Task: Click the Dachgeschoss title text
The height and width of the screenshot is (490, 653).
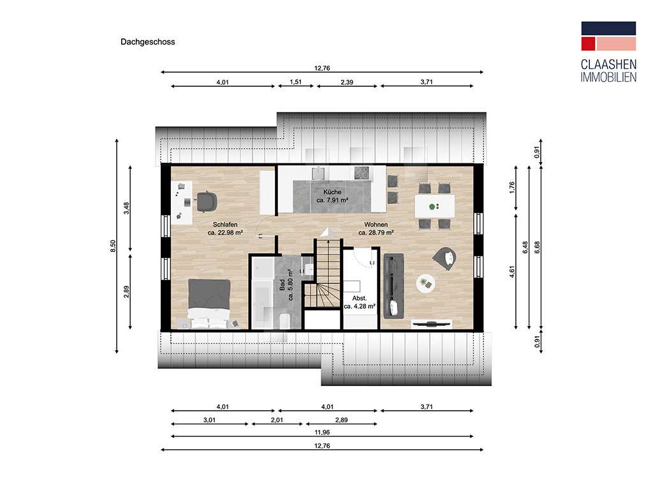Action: coord(147,41)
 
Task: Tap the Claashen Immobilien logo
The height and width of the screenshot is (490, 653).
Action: coord(608,52)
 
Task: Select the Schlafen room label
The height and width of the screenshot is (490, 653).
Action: coord(225,225)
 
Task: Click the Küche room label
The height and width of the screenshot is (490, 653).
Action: coord(332,192)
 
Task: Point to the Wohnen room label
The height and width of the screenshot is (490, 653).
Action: coord(376,225)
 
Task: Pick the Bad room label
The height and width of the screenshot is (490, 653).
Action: coord(282,285)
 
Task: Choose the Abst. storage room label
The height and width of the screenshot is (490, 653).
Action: coord(360,299)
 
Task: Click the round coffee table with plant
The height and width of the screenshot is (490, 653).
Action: coord(425,284)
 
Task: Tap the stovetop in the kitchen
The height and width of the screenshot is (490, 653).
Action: coord(362,173)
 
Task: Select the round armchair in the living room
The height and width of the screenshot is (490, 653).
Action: coord(444,258)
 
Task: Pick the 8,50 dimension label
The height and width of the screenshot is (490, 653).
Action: coord(113,246)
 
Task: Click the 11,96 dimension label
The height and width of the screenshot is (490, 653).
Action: coord(322,433)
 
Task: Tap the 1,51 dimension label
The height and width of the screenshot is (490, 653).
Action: coord(296,82)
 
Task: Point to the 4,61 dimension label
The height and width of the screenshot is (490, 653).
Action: coord(512,272)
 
